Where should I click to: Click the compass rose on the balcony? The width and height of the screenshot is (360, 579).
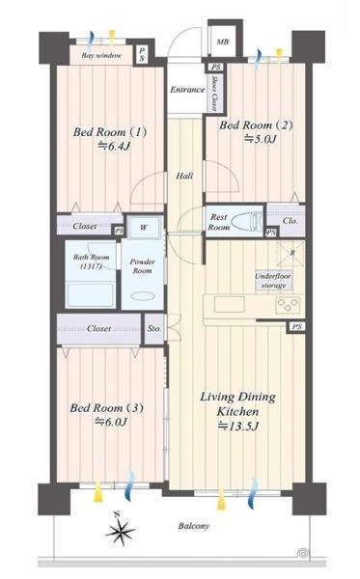120,530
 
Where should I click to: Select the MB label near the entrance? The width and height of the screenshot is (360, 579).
222,41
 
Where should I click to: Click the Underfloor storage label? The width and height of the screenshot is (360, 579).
273,281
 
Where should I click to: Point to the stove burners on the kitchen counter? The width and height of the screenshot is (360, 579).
288,305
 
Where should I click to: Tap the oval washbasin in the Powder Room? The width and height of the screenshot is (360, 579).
143,296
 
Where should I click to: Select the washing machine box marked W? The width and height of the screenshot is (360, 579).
143,228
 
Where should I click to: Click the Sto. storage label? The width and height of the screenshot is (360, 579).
154,328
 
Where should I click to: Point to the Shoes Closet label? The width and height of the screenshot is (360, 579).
214,94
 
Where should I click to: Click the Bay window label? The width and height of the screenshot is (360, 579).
101,55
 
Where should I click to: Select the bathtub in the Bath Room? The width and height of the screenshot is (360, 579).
91,294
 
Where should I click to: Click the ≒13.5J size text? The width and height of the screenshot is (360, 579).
237,427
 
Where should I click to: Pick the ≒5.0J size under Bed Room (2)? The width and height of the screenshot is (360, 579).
260,139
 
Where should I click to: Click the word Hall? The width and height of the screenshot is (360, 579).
184,176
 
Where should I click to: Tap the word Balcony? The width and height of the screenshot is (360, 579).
193,526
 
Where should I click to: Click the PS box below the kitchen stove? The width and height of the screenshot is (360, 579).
296,327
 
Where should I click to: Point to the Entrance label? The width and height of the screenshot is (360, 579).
187,90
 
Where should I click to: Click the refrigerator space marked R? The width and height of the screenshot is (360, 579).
291,253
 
